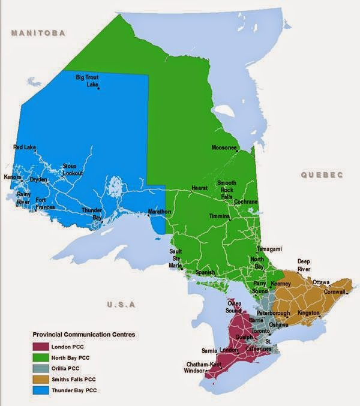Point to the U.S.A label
tap(118, 305)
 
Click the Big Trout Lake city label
tap(88, 81)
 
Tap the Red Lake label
tap(25, 147)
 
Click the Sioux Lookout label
tap(73, 170)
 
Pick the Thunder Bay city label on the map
tap(92, 214)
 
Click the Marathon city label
tap(160, 212)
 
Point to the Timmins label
tap(219, 216)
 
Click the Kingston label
tap(308, 313)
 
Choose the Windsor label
tap(195, 371)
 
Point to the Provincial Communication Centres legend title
tap(83, 333)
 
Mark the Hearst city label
tap(199, 188)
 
